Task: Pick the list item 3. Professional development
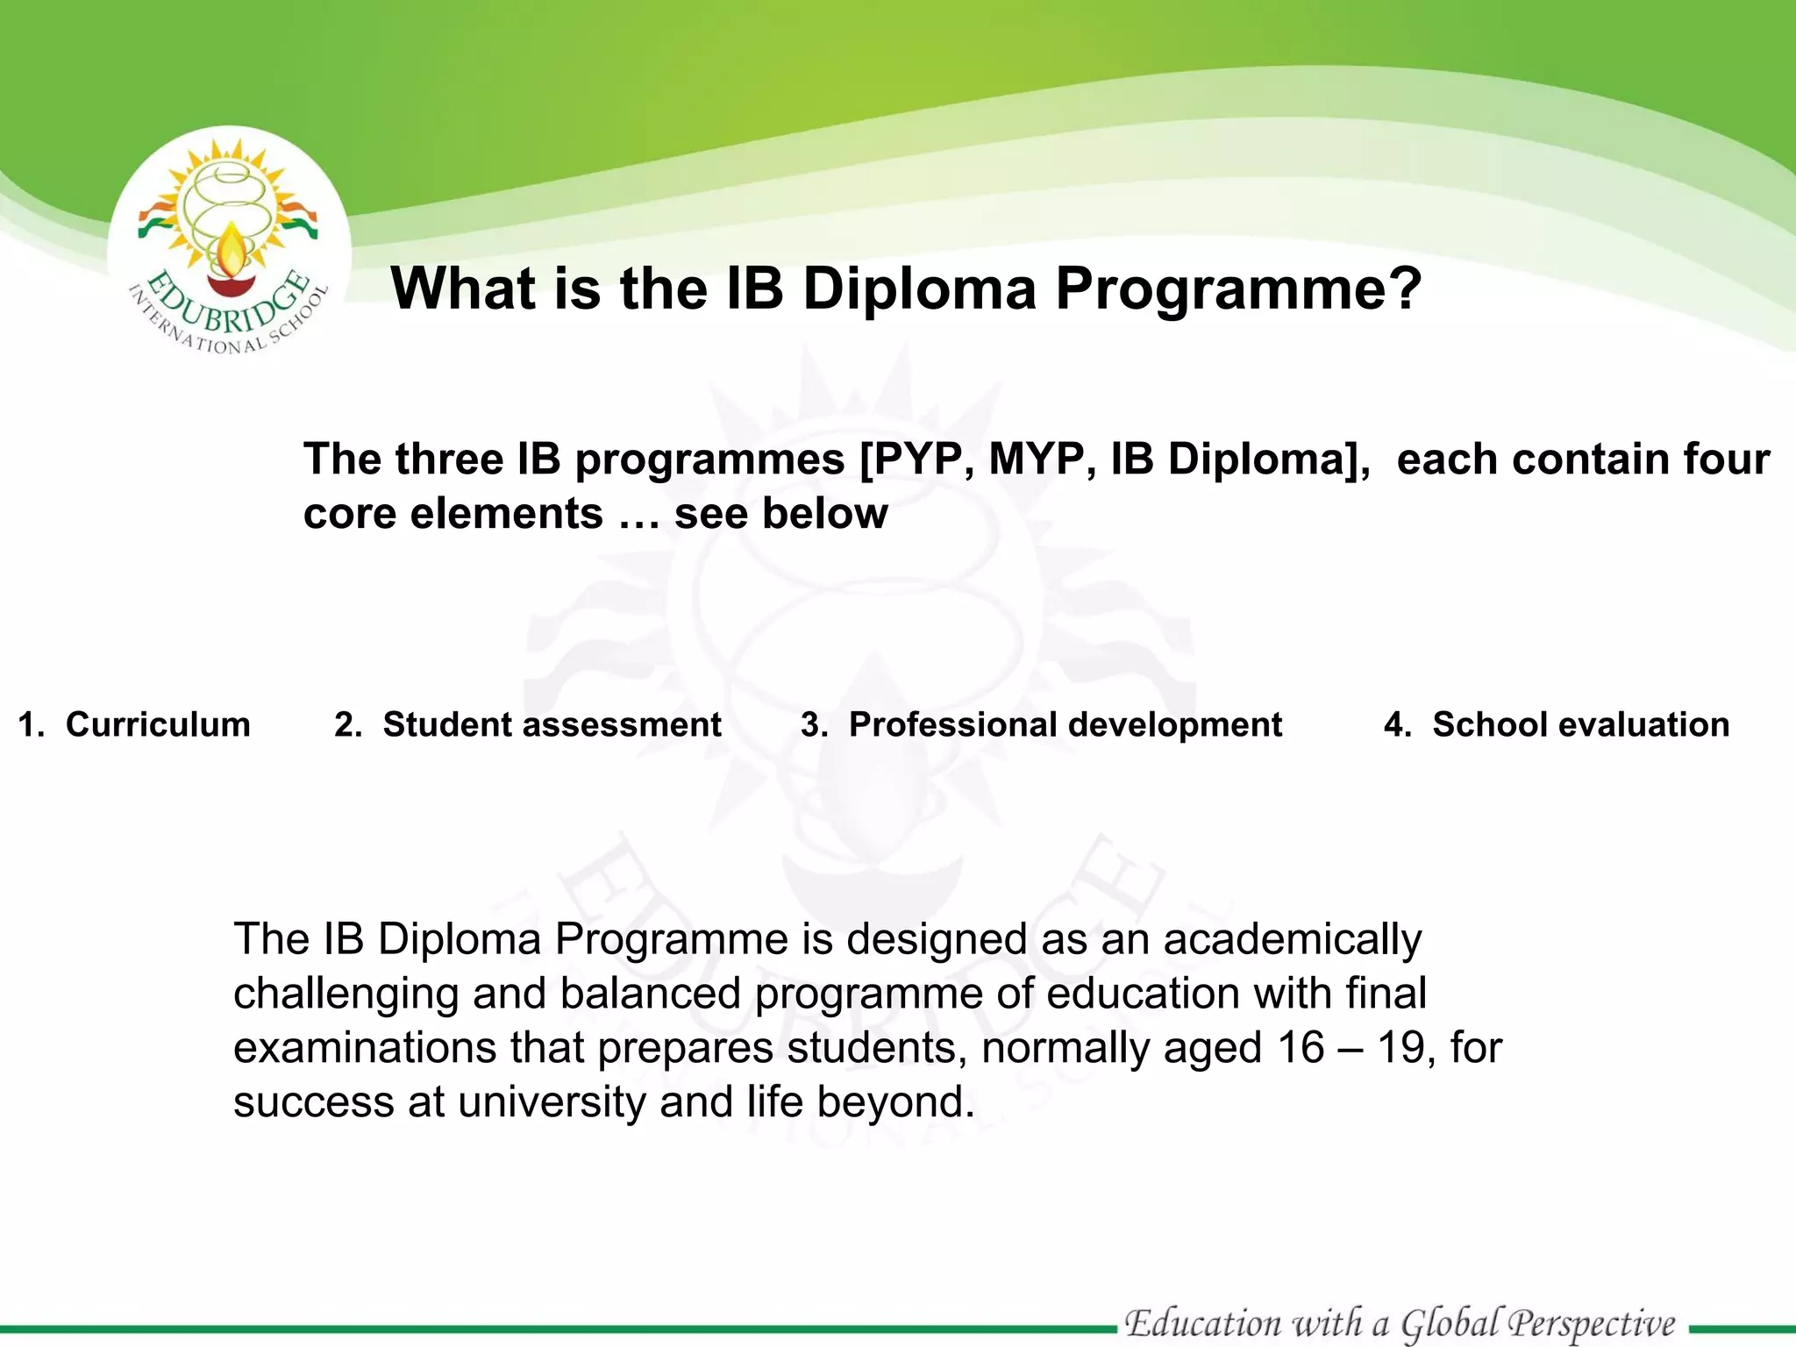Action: coord(1041,724)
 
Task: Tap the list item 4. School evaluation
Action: coord(1557,724)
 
